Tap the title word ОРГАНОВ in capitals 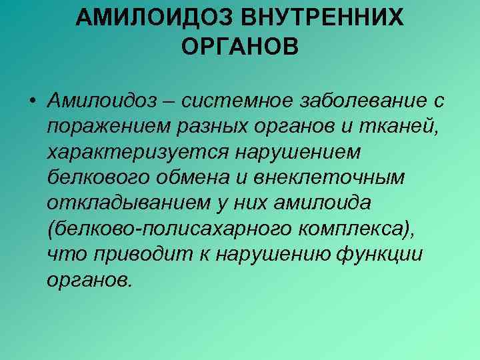click(x=240, y=47)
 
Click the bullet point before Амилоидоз click(x=32, y=101)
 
